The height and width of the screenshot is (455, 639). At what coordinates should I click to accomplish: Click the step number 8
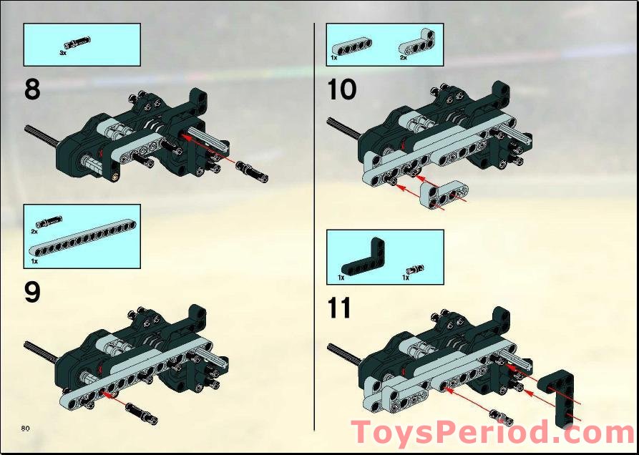coord(32,89)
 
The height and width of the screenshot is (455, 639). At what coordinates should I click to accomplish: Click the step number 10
coord(341,89)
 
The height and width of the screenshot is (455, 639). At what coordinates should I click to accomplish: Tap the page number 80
coord(25,427)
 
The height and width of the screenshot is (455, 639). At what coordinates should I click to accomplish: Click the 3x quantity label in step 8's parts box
coord(63,52)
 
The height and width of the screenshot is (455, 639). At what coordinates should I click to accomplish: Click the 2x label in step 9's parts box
coord(34,232)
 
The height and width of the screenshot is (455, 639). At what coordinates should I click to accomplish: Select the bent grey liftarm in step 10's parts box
coord(416,44)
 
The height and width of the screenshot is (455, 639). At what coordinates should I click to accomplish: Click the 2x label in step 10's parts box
coord(403,58)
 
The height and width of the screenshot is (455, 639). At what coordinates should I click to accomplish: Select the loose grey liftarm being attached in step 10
coord(444,191)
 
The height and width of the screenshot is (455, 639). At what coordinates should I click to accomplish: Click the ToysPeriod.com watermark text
coord(492,434)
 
